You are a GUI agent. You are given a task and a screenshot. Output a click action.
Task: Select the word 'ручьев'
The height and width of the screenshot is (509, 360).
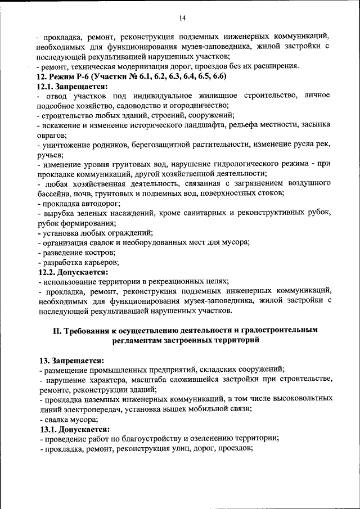[49, 155]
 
